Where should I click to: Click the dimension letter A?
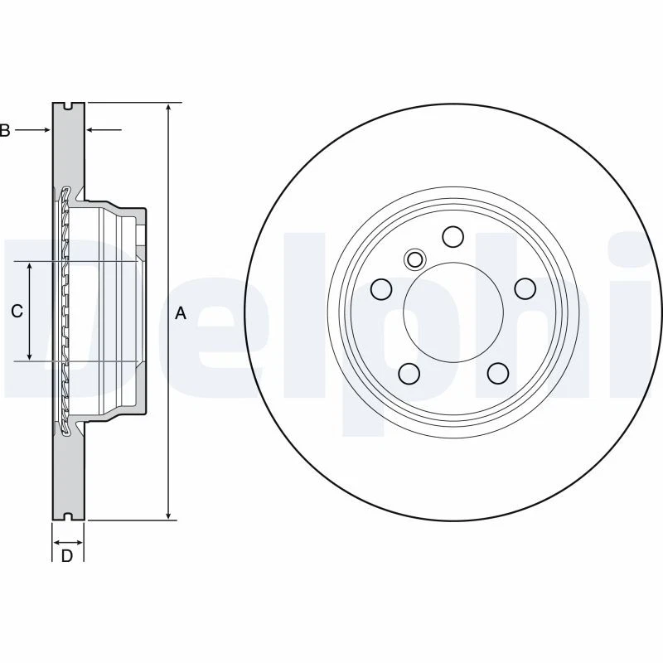(x=181, y=312)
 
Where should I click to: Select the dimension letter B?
(x=5, y=130)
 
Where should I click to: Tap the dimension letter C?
(x=16, y=312)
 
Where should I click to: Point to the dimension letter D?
(x=67, y=555)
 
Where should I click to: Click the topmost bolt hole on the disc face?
(x=452, y=237)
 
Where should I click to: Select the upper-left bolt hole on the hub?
(x=380, y=289)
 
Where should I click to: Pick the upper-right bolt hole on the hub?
(x=525, y=288)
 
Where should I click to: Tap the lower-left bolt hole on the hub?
(x=408, y=373)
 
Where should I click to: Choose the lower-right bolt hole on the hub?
(x=497, y=373)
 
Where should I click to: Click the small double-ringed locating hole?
(x=414, y=259)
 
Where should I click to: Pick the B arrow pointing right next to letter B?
(x=33, y=130)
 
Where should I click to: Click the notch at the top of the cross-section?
(x=68, y=105)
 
